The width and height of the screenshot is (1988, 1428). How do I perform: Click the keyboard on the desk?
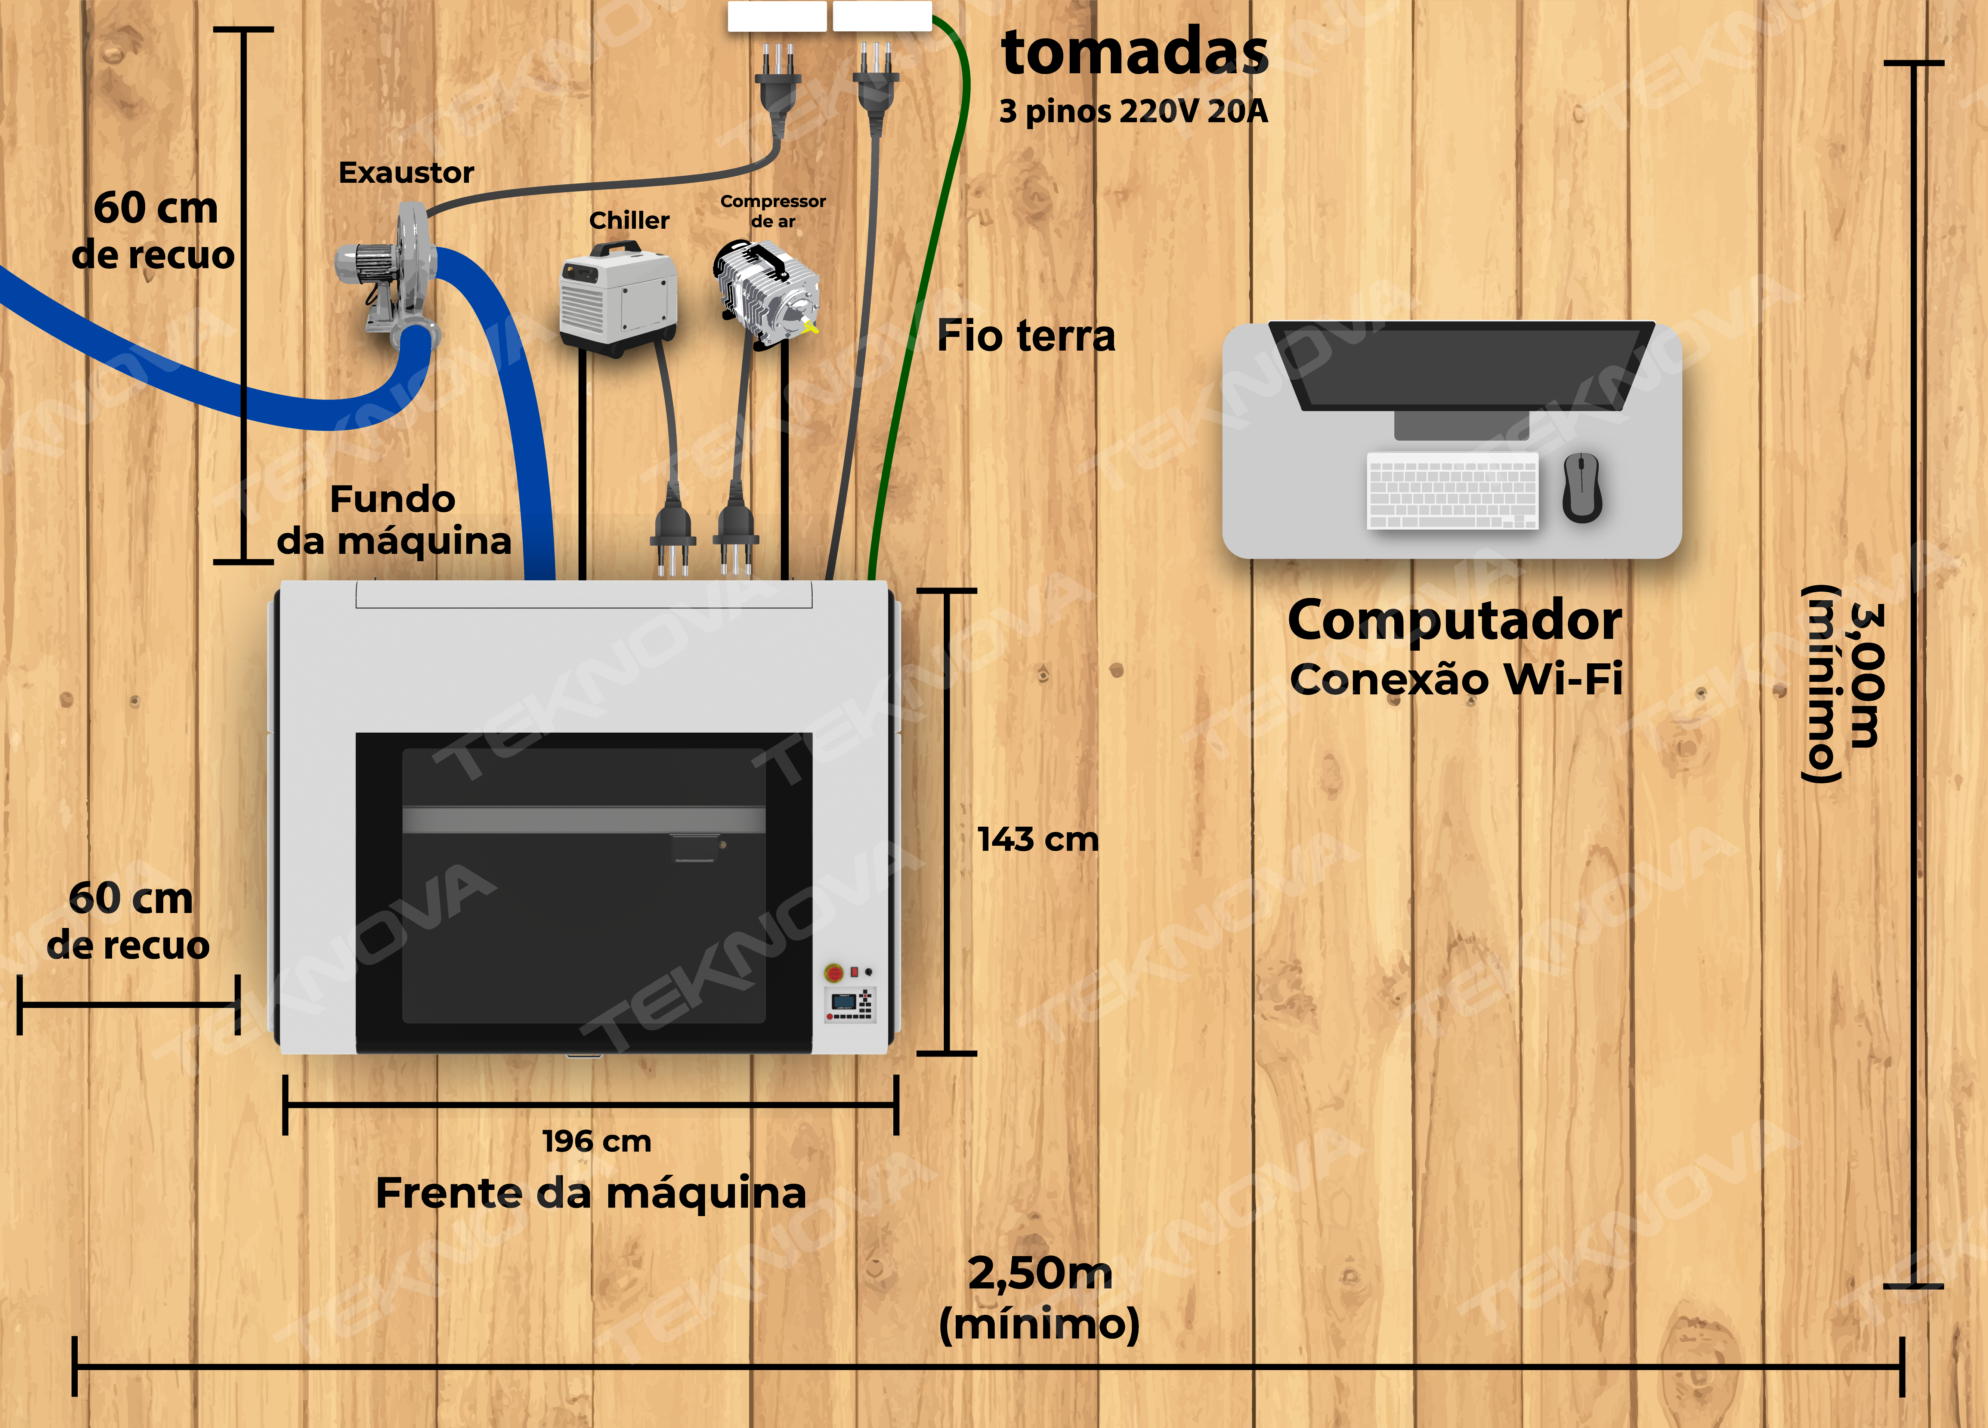[1453, 490]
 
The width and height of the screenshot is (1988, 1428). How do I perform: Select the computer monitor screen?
[1461, 366]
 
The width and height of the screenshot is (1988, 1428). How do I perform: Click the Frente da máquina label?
[591, 1193]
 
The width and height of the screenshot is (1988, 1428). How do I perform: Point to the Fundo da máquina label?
[393, 520]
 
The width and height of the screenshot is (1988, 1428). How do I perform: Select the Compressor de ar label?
[772, 210]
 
